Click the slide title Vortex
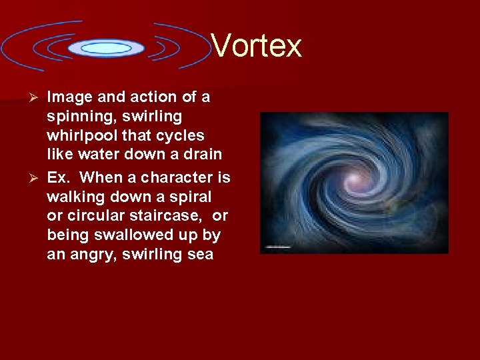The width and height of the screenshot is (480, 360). coord(257,46)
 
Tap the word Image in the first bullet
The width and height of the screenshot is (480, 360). coord(69,97)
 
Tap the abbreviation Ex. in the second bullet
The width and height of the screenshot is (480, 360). coord(59,178)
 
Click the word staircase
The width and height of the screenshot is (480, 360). coord(169,216)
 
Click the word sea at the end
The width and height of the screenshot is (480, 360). coord(200,255)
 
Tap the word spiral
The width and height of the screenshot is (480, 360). coord(191,197)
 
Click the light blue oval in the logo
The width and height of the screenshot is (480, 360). coord(106,48)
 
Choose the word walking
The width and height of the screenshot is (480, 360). coord(75,197)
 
